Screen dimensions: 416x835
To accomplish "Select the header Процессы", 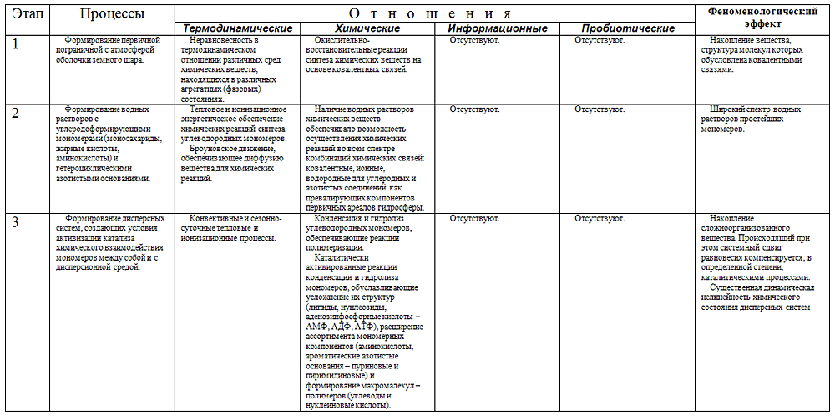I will click(112, 14).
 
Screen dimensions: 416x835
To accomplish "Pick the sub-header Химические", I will click(362, 28).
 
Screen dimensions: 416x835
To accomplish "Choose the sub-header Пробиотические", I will click(627, 28).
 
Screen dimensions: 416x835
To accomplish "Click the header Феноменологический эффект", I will click(762, 17).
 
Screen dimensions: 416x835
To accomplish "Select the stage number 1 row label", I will click(16, 44).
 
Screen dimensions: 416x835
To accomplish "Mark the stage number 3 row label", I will click(16, 223).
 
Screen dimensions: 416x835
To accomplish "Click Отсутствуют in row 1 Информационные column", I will click(474, 39).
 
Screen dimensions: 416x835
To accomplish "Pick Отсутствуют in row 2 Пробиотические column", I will click(600, 109).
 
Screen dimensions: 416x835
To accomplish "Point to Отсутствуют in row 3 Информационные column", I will click(474, 219).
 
